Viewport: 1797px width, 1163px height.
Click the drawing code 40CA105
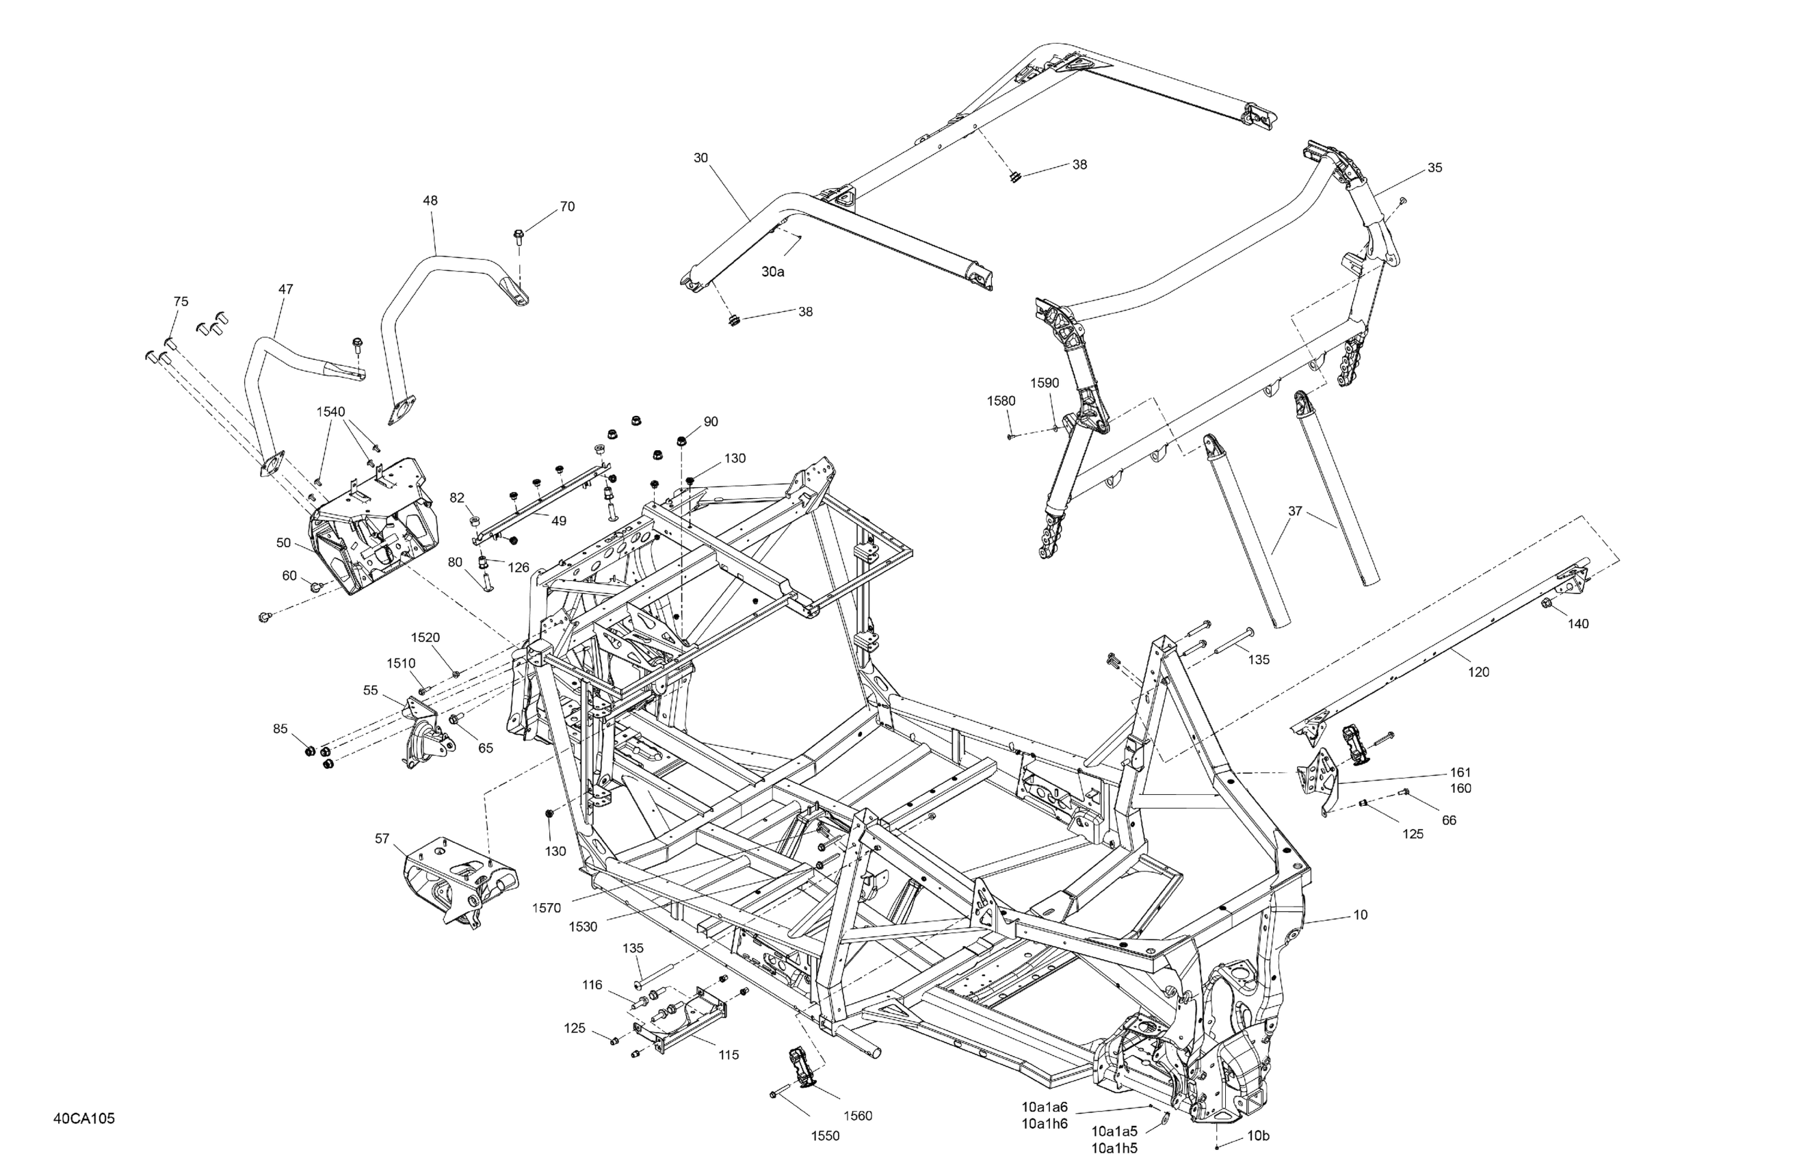point(84,1119)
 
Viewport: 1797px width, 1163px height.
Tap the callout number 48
point(430,201)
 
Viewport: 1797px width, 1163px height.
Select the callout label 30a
point(772,272)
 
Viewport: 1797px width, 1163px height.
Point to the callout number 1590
point(1045,383)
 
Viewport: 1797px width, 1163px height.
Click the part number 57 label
point(382,838)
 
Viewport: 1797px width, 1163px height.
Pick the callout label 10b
point(1258,1156)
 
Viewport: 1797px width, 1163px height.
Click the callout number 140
point(1578,624)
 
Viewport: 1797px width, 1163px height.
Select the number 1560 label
point(858,1115)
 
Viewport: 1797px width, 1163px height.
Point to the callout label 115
point(729,1055)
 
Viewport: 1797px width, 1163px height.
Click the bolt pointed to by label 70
point(519,237)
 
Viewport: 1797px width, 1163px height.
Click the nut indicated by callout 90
point(681,441)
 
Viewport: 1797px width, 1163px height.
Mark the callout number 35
point(1434,168)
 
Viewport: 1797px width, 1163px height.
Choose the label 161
point(1460,772)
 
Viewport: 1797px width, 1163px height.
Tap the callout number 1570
point(546,909)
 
